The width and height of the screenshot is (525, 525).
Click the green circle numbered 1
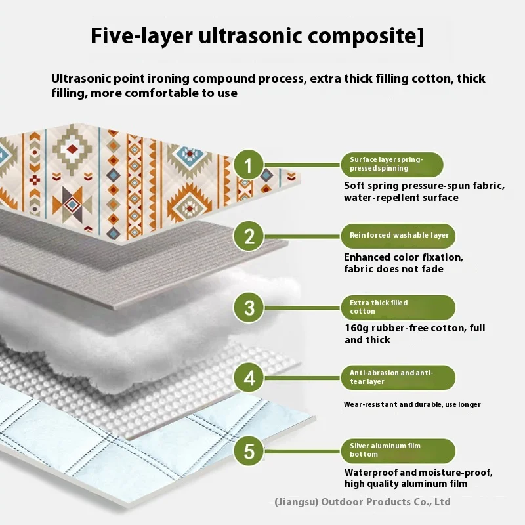click(x=248, y=165)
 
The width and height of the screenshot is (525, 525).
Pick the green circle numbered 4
click(x=248, y=379)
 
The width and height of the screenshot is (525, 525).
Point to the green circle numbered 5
click(x=248, y=451)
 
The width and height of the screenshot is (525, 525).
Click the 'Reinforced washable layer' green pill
click(x=398, y=235)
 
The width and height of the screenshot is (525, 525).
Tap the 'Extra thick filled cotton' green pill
click(x=398, y=307)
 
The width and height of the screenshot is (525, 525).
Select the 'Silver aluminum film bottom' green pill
click(x=398, y=450)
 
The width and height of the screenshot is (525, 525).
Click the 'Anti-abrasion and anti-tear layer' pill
click(x=398, y=377)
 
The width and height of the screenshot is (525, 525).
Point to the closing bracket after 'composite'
click(x=420, y=37)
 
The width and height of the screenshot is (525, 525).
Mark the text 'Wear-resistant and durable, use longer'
click(x=412, y=404)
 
